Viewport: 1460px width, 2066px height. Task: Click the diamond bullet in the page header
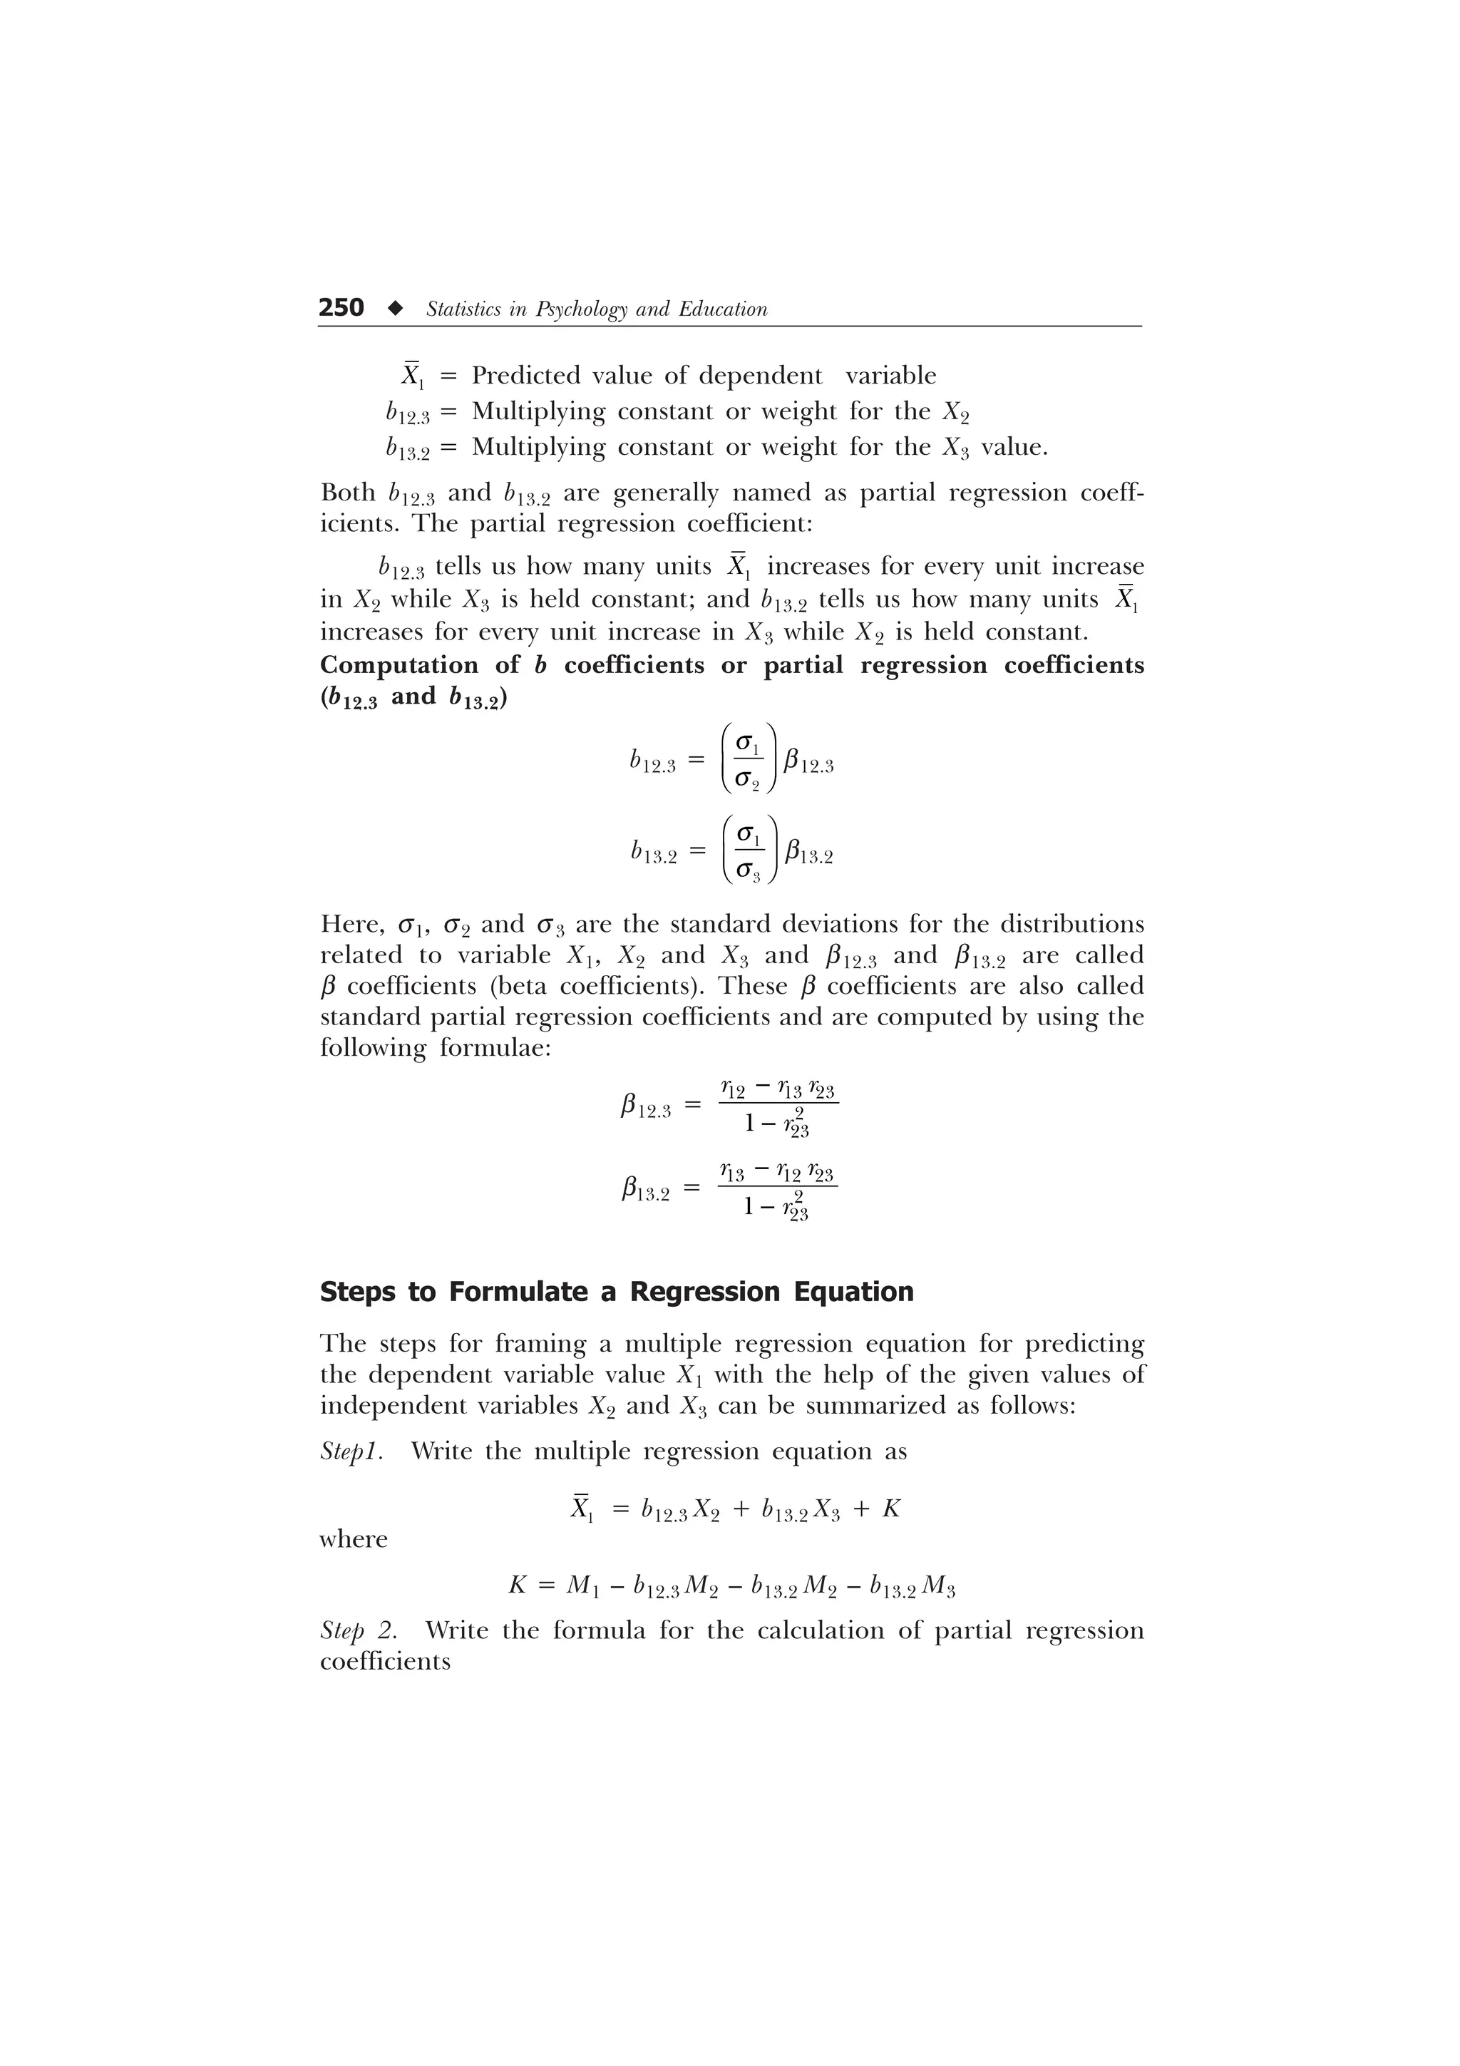click(x=394, y=309)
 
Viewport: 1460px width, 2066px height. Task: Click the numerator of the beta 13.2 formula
click(x=777, y=1173)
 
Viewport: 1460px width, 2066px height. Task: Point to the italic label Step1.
click(x=351, y=1451)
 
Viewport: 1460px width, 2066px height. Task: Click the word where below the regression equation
click(x=354, y=1540)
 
